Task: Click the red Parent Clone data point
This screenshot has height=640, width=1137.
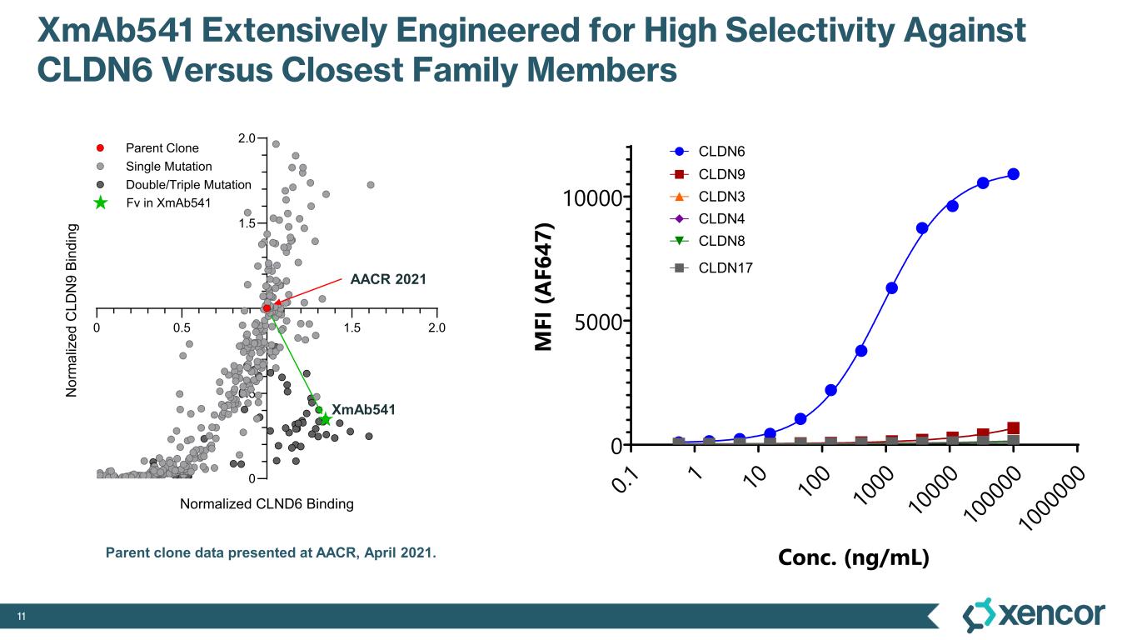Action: pyautogui.click(x=267, y=308)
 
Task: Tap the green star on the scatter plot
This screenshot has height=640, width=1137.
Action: pyautogui.click(x=326, y=419)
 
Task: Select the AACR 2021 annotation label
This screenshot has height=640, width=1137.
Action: pyautogui.click(x=387, y=280)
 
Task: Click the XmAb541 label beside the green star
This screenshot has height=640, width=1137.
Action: pyautogui.click(x=363, y=409)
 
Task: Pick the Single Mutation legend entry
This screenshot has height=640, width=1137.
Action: pyautogui.click(x=168, y=167)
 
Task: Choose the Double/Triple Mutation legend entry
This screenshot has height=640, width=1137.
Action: pyautogui.click(x=188, y=185)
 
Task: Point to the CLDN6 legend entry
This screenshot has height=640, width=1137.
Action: pyautogui.click(x=721, y=152)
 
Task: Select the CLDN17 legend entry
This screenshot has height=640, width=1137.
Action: pyautogui.click(x=725, y=267)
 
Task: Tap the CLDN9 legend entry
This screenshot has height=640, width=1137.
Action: pyautogui.click(x=721, y=174)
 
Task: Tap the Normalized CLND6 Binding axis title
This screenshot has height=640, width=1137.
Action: pyautogui.click(x=267, y=504)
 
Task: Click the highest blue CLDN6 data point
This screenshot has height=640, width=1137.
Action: pyautogui.click(x=1014, y=173)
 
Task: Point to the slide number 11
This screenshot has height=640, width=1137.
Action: pyautogui.click(x=22, y=617)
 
